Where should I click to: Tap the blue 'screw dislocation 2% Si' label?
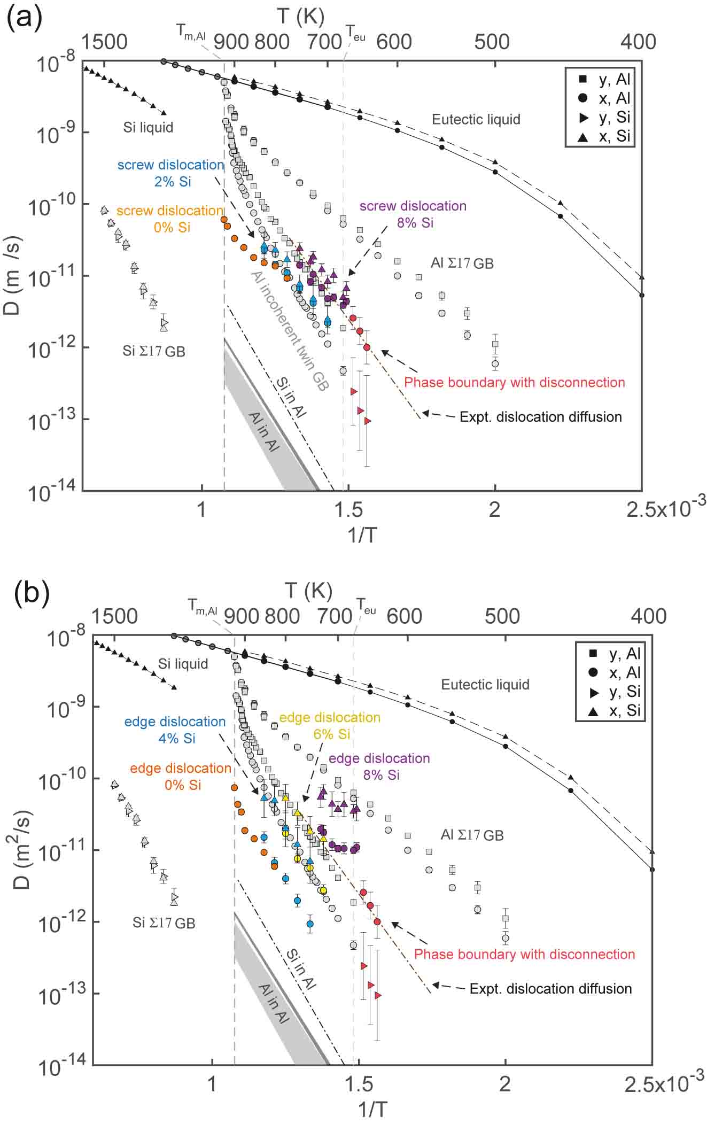(x=170, y=173)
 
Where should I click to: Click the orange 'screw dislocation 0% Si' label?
(x=170, y=219)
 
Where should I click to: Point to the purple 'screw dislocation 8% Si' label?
(x=413, y=214)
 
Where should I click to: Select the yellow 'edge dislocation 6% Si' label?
(x=330, y=725)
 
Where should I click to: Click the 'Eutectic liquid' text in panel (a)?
(x=476, y=119)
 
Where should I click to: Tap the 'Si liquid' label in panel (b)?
(x=183, y=664)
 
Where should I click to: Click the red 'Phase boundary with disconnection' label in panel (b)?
(x=524, y=955)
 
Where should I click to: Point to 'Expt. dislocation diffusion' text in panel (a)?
(x=540, y=417)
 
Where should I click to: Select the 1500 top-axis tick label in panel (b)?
(x=114, y=616)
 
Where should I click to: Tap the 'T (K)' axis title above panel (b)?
(x=308, y=591)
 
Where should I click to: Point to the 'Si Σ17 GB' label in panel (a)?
(x=153, y=351)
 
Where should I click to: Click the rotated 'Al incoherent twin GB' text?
(x=289, y=330)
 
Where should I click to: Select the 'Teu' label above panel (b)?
(x=366, y=607)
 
